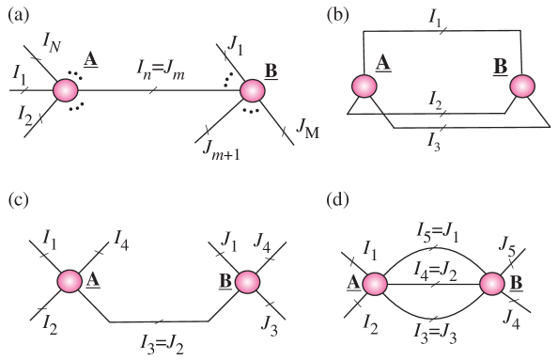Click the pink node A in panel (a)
click(x=66, y=90)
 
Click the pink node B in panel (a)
click(x=253, y=90)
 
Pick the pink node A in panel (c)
click(x=69, y=281)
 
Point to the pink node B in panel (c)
click(x=247, y=281)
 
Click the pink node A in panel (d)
click(x=373, y=283)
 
